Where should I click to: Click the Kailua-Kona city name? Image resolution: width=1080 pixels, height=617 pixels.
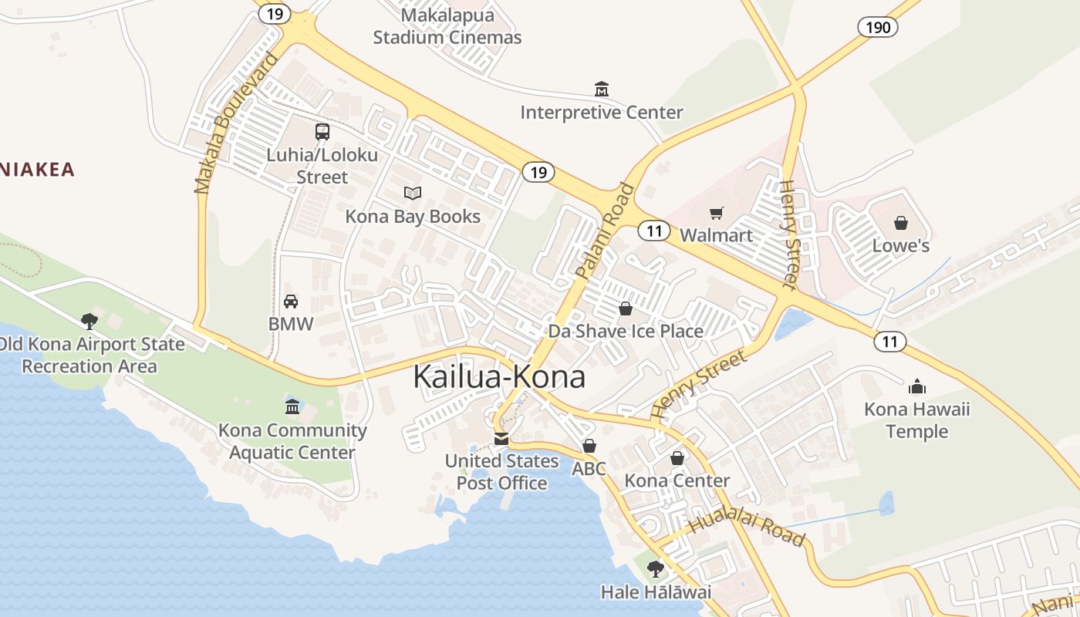(499, 376)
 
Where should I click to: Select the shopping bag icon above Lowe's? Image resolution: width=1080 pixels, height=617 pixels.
(900, 223)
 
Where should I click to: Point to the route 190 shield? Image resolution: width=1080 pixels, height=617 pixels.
(878, 28)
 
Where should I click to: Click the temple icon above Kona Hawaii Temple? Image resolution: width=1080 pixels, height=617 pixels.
(916, 386)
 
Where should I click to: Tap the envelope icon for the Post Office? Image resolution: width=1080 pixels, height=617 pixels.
(501, 439)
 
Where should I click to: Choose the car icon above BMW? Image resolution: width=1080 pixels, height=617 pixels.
(291, 301)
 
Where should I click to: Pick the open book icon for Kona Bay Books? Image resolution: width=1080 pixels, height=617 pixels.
(413, 193)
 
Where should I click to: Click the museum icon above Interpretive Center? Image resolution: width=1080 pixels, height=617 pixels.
(601, 89)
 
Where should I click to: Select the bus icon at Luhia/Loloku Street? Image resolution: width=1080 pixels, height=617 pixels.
(322, 131)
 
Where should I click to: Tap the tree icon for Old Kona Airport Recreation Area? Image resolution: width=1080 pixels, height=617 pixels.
(89, 321)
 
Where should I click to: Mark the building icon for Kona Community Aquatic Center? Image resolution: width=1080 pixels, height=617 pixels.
(292, 406)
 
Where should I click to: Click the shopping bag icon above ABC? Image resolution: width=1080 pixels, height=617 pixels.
(589, 446)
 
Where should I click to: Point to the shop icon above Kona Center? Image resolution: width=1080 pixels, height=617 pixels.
(677, 458)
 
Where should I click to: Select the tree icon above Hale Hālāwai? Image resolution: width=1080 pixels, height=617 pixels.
(656, 569)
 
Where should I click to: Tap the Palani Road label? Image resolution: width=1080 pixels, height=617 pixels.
(605, 230)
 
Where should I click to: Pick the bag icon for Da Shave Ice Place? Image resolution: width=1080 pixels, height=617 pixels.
(625, 308)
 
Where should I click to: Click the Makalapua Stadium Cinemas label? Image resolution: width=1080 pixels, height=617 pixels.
(447, 25)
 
